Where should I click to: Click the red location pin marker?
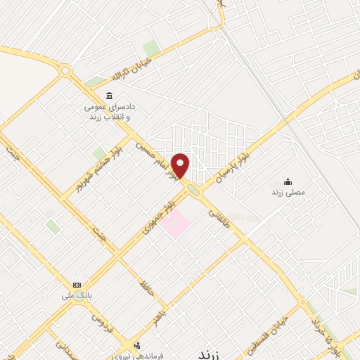click(x=181, y=166)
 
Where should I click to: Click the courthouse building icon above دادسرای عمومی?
click(x=108, y=96)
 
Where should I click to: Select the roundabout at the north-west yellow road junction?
click(x=65, y=70)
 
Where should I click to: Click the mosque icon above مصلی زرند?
click(x=287, y=181)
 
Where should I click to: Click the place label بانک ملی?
click(x=77, y=295)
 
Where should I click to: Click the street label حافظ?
click(x=146, y=287)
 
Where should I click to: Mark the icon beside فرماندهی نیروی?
click(x=136, y=345)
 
